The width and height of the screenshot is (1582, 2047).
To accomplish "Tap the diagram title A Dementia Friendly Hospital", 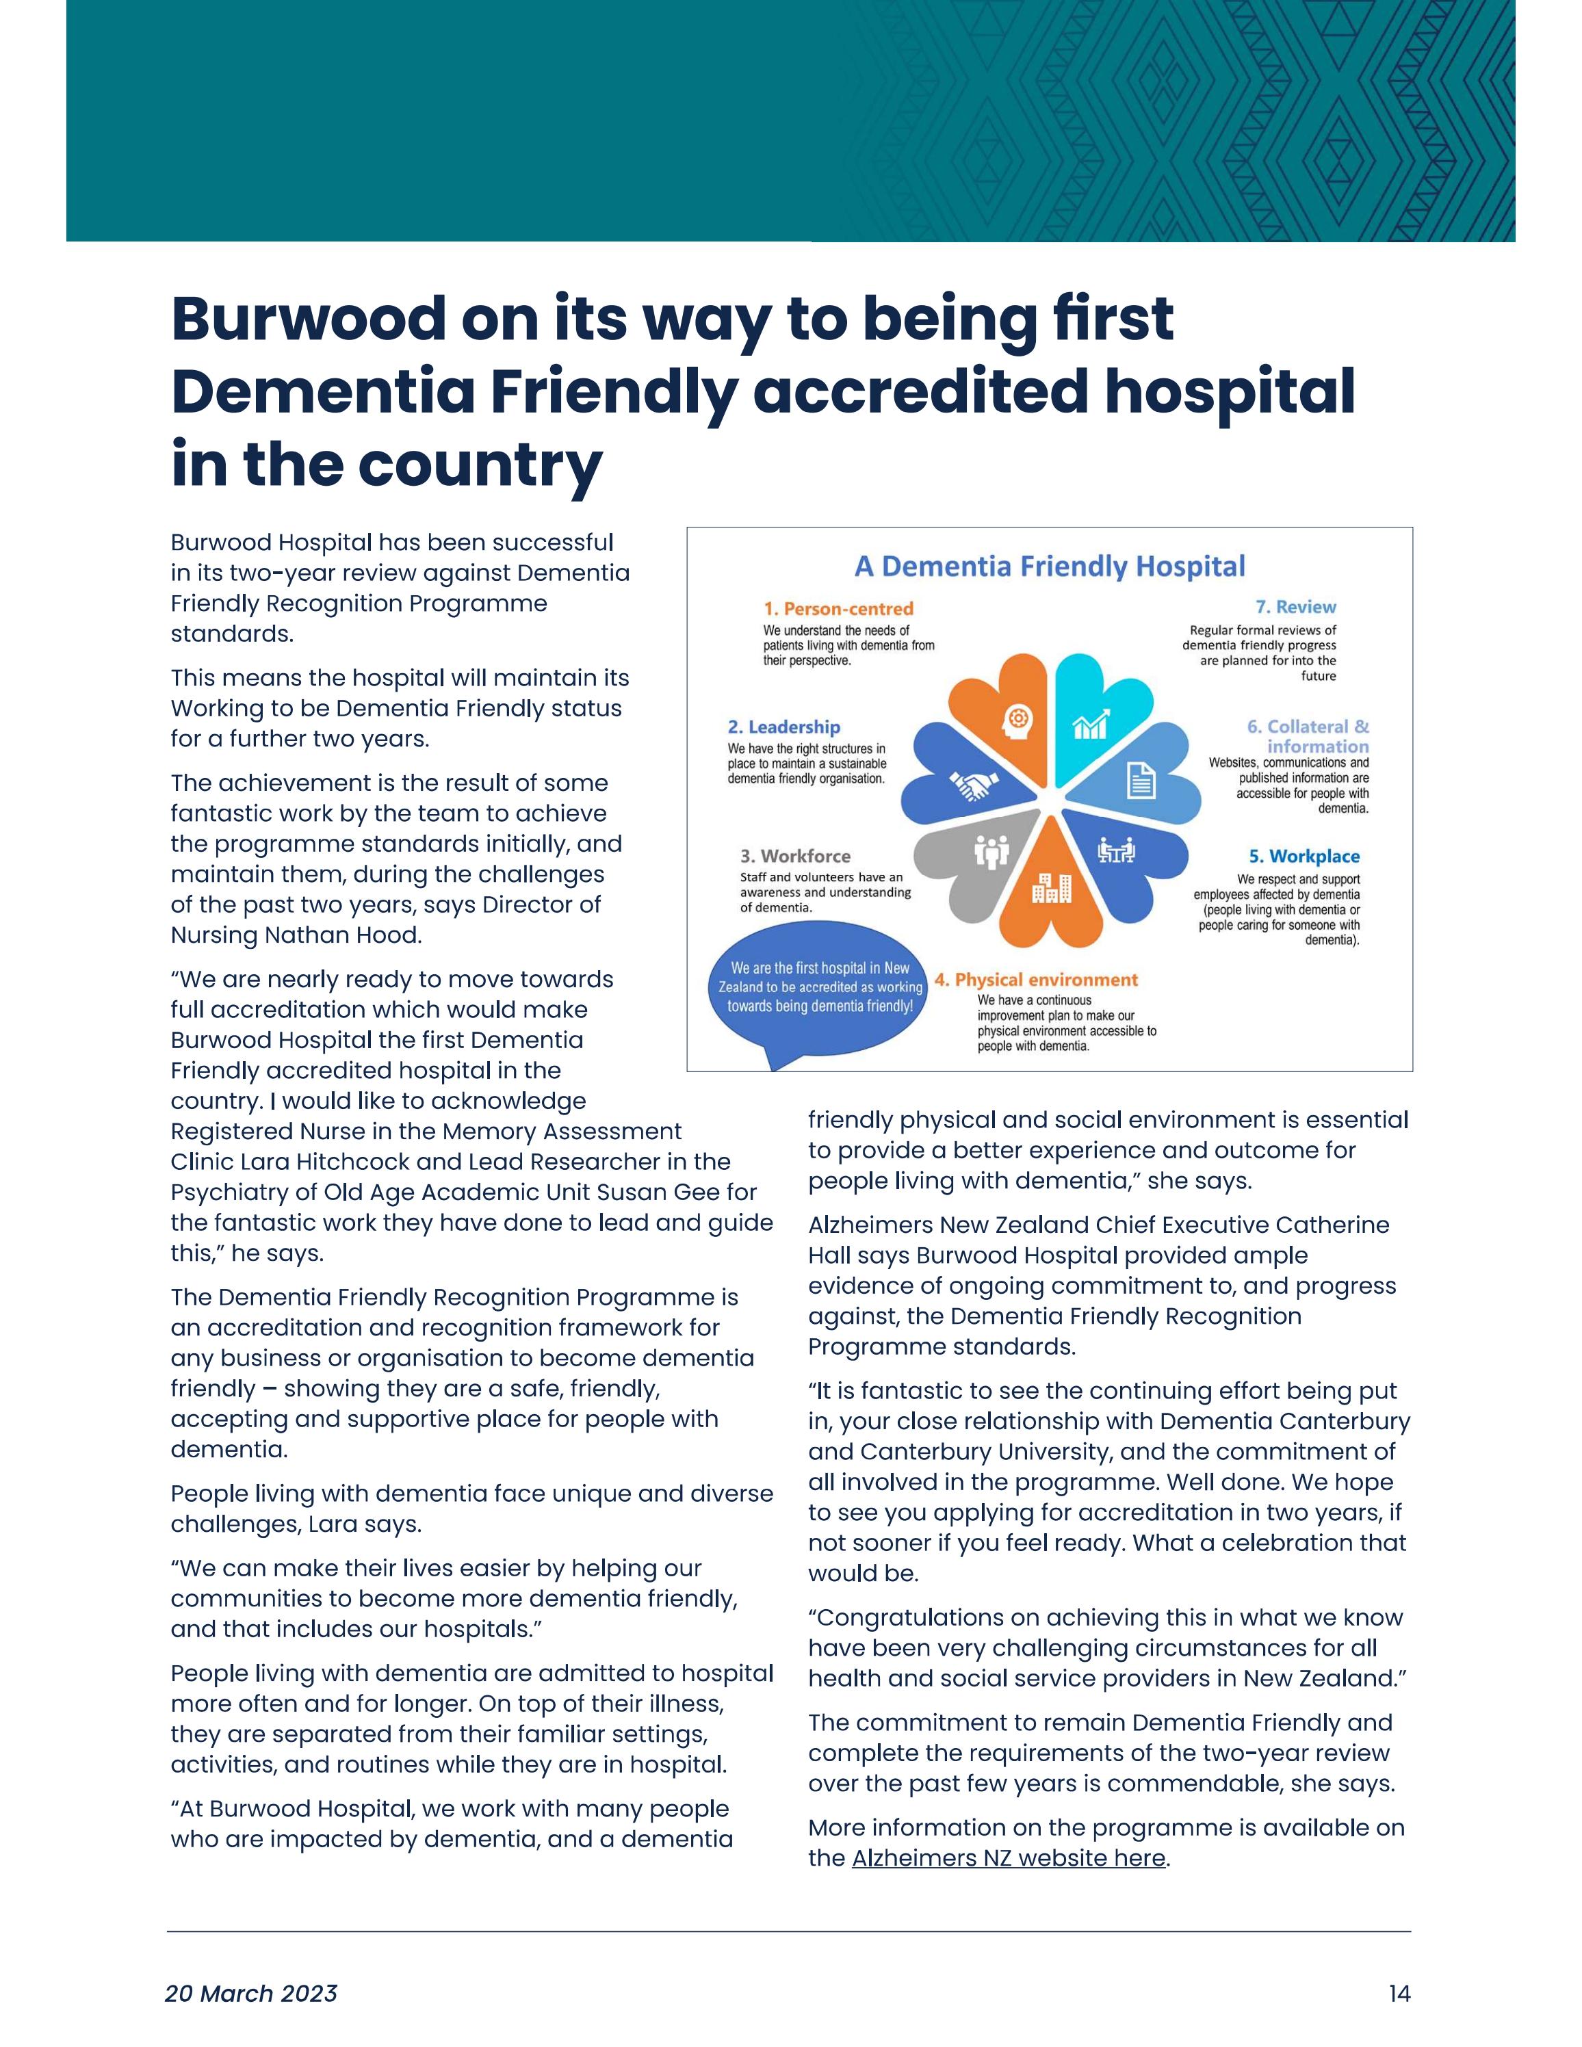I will (x=1049, y=566).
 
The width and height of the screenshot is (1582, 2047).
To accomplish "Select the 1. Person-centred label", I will (x=838, y=608).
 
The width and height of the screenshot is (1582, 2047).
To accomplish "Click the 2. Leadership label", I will (x=783, y=727).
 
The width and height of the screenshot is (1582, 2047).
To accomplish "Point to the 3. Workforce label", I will (x=794, y=856).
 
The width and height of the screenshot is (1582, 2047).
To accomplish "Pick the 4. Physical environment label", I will (x=1035, y=980).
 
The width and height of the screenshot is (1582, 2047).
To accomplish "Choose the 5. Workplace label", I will (x=1303, y=856).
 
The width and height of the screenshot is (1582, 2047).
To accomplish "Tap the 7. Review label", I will (x=1295, y=606).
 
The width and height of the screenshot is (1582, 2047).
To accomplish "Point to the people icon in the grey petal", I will (x=991, y=850).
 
